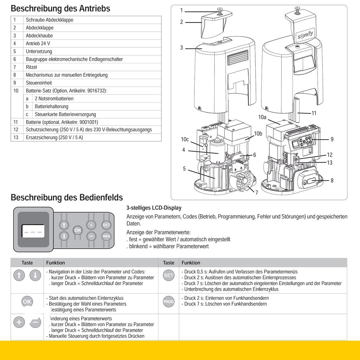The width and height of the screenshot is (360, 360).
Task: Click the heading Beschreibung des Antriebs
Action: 60,8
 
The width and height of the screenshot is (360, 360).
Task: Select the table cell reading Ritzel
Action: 31,67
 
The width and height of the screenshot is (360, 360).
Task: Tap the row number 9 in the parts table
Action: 14,82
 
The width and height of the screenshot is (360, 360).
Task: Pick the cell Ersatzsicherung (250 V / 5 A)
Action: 54,137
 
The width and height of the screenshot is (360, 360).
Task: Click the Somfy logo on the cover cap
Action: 304,36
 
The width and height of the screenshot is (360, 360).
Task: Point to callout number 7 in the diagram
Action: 257,193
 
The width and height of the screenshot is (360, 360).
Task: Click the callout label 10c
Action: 185,139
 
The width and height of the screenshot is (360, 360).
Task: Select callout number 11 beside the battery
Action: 314,113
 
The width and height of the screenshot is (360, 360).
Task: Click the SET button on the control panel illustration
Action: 106,225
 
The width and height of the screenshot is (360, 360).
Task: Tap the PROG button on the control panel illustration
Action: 106,236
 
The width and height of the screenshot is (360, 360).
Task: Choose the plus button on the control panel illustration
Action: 91,225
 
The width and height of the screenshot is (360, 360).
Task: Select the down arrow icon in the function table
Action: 35,275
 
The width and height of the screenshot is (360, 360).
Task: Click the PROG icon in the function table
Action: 168,301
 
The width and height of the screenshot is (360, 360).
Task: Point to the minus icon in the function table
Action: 35,322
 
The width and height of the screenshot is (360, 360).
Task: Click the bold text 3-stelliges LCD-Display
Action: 154,208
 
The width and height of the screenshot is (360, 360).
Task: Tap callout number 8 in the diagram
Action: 332,180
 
